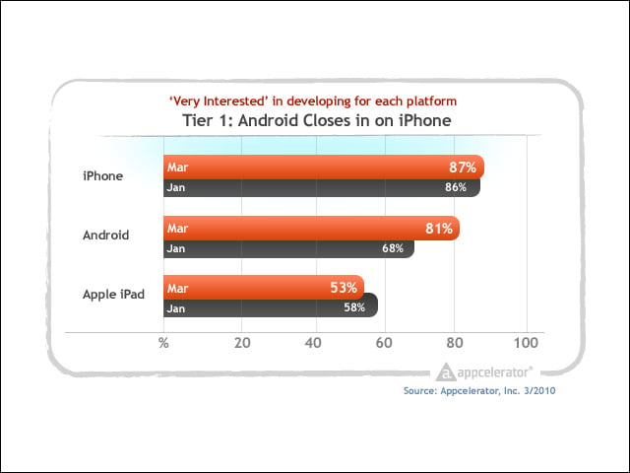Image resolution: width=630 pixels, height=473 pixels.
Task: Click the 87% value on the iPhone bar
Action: tap(463, 167)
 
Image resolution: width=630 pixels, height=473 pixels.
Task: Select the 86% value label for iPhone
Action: tap(456, 187)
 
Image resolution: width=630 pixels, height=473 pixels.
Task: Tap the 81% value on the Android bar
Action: tap(439, 229)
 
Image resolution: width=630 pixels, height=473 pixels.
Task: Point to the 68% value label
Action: tap(393, 248)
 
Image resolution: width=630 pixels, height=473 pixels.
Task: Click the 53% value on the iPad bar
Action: tap(344, 288)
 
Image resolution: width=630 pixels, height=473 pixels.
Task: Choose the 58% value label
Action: tap(354, 307)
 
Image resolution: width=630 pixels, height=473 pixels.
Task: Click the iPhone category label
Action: tap(102, 175)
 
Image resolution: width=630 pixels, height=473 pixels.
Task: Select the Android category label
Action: tap(105, 235)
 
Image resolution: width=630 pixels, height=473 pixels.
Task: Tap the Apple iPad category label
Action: tap(114, 295)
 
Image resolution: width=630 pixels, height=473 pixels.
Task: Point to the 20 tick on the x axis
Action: tap(242, 343)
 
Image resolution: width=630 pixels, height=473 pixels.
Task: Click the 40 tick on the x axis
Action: tap(313, 343)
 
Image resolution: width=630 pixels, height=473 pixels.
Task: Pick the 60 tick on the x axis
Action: tap(384, 343)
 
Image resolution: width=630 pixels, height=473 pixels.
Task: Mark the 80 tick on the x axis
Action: tap(455, 343)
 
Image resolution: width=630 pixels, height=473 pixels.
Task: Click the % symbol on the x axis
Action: tap(163, 343)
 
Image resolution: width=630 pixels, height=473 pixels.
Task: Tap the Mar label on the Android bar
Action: tap(177, 229)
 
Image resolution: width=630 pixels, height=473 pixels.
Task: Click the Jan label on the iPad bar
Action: tap(176, 308)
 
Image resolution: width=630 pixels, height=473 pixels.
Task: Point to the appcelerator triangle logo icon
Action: tap(446, 372)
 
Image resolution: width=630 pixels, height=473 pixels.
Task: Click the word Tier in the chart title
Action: tap(197, 120)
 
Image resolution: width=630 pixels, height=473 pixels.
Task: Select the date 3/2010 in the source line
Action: tap(539, 390)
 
